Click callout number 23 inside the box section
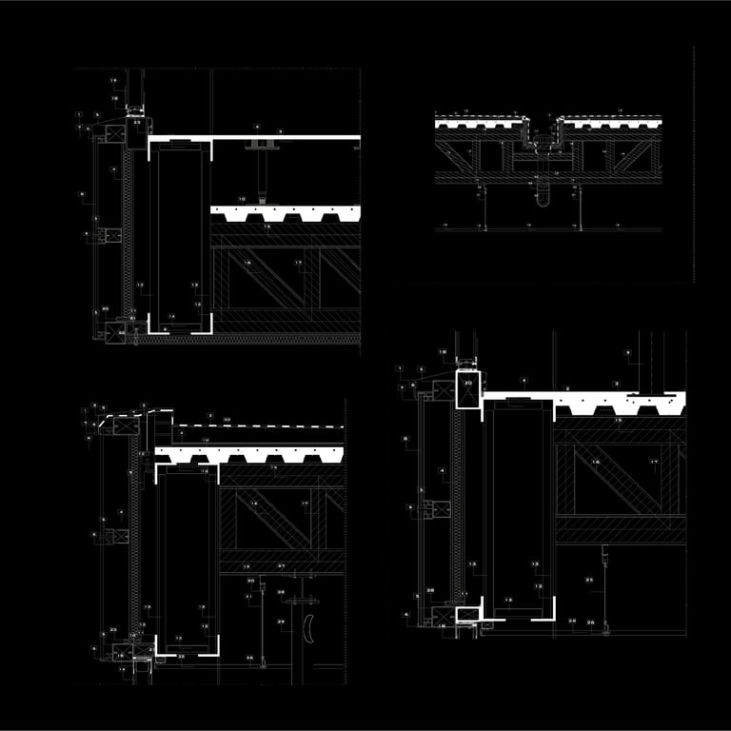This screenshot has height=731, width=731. (136, 124)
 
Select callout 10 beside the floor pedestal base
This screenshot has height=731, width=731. (242, 199)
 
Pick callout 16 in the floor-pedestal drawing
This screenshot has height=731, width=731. (247, 263)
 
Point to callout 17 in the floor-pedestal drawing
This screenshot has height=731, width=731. (298, 263)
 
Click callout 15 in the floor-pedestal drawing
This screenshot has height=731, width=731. (267, 227)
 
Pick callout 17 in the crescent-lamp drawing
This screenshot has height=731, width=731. (302, 503)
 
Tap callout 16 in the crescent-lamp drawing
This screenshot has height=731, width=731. (253, 503)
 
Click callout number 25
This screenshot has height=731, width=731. (589, 580)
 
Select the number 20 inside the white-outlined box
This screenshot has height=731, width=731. (467, 383)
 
